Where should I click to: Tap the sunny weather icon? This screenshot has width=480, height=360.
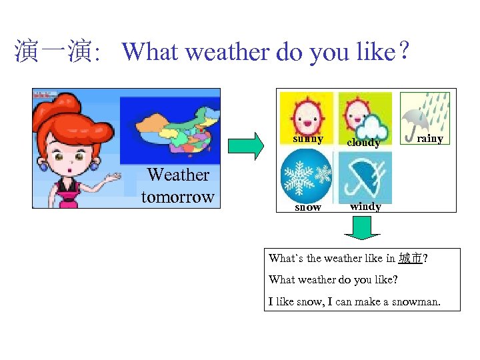point(307,113)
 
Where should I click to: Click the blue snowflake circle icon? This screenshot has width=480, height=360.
point(306,176)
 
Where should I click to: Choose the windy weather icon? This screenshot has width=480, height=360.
point(365,177)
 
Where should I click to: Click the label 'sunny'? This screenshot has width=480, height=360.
point(308,139)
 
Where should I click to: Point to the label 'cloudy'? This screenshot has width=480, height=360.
point(363,143)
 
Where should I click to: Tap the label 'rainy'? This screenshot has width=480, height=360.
point(429,139)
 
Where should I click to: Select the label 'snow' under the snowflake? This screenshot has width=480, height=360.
point(307,207)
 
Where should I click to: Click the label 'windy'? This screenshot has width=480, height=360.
point(365,207)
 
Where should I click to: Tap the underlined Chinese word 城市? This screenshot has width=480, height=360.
point(409,258)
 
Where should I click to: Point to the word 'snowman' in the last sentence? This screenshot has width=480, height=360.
point(417,301)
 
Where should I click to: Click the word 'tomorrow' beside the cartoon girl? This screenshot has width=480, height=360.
point(177,197)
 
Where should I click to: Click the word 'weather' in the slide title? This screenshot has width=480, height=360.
point(223,51)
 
